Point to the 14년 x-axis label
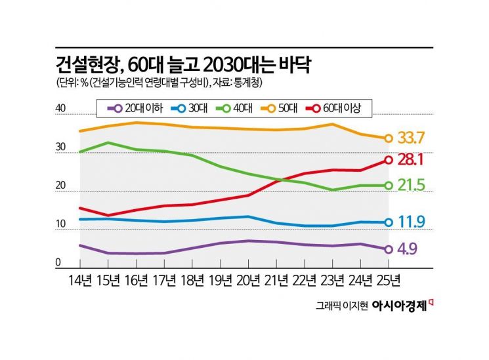click(x=79, y=280)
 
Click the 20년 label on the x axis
click(x=248, y=280)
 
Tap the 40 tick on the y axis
click(x=60, y=109)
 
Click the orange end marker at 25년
click(x=389, y=138)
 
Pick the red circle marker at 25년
click(x=389, y=160)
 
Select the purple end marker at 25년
click(x=389, y=249)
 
